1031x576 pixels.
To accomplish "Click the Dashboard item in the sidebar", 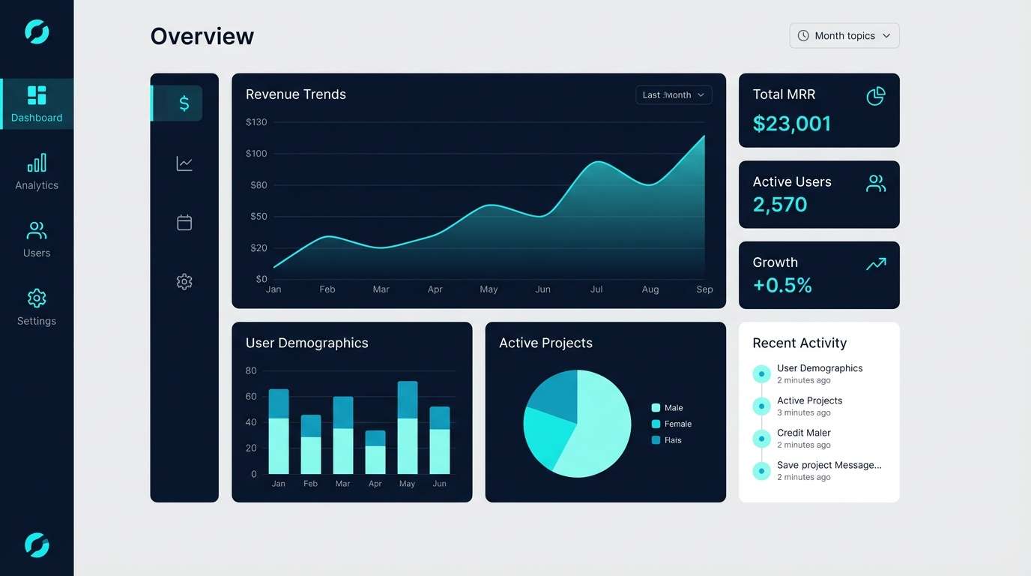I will [x=36, y=104].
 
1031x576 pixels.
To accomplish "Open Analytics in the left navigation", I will [x=36, y=172].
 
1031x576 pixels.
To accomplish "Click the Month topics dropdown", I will [x=844, y=36].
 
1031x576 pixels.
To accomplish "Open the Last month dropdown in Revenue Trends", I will [x=673, y=95].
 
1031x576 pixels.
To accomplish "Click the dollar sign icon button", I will [x=184, y=103].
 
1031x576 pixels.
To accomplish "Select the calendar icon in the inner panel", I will [x=184, y=223].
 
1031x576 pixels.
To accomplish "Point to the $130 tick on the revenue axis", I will [x=256, y=122].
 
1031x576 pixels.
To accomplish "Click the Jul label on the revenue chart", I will [x=596, y=289].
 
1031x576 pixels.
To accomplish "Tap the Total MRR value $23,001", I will [x=791, y=124].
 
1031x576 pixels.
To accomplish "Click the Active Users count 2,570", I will [x=779, y=205].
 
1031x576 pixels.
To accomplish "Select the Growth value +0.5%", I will [x=782, y=285].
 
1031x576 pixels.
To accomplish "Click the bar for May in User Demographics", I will [x=407, y=427].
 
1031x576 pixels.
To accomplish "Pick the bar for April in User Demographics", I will [x=375, y=452].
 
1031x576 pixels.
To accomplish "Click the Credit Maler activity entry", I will [x=803, y=433].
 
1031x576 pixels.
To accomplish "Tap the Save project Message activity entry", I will [x=828, y=466].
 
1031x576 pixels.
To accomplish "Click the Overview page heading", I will [x=202, y=37].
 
